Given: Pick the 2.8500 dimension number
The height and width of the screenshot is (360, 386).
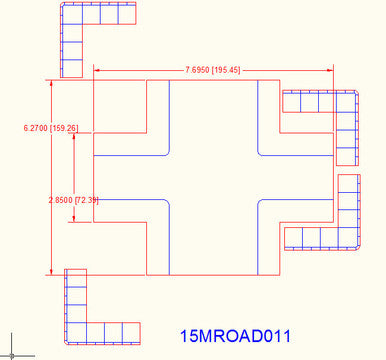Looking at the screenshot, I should pyautogui.click(x=61, y=201).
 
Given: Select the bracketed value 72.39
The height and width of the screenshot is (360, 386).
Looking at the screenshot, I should pyautogui.click(x=87, y=201).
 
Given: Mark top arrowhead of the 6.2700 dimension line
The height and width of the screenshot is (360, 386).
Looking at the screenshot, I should pyautogui.click(x=51, y=83).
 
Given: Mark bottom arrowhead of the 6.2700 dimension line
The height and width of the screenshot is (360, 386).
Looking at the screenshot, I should pyautogui.click(x=51, y=271).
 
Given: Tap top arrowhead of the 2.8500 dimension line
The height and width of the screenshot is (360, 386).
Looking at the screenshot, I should pyautogui.click(x=74, y=137).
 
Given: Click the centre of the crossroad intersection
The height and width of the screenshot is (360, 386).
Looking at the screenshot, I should pyautogui.click(x=214, y=177).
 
